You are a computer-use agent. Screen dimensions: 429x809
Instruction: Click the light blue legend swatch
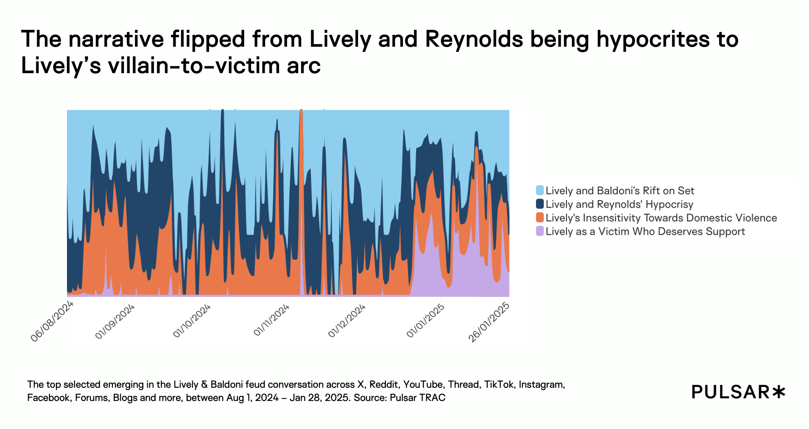540,190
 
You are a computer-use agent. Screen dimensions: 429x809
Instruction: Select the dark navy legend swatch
540,204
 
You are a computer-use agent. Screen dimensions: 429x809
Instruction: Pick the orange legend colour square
540,218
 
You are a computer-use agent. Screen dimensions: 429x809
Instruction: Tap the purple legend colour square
540,231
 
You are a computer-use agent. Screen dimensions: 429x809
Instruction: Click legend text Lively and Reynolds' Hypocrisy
619,204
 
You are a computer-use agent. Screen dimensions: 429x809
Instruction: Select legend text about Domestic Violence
661,218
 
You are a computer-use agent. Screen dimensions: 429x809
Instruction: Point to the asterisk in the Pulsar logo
779,392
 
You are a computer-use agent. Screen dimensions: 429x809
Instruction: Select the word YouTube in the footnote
423,385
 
